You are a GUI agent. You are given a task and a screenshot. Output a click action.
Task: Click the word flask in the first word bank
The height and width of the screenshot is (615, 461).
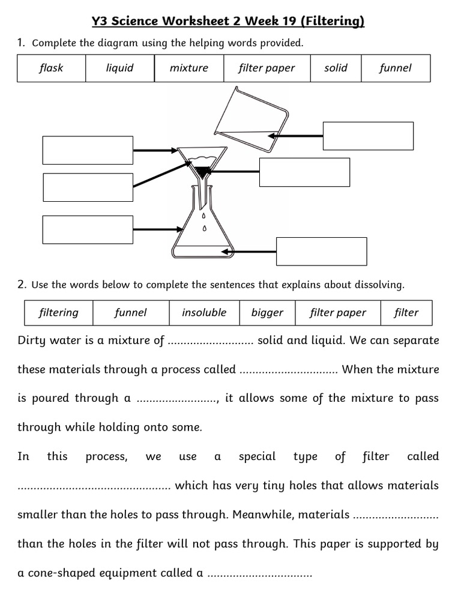point(51,68)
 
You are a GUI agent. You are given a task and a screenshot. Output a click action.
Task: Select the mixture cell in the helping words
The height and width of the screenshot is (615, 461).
point(188,68)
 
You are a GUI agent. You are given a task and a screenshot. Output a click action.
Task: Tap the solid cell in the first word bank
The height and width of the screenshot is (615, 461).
point(336,68)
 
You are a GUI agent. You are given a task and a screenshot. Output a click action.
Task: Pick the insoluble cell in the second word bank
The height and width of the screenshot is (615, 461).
point(204,312)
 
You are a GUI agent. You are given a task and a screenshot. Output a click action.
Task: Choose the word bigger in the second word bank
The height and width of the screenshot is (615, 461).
point(267,312)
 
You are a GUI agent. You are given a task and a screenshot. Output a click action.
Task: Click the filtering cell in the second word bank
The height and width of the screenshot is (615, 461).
point(58,312)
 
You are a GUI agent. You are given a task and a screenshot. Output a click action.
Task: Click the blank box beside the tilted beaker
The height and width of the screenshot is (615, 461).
point(368,136)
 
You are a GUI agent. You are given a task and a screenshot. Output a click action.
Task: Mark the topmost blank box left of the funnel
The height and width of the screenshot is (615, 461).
point(88,150)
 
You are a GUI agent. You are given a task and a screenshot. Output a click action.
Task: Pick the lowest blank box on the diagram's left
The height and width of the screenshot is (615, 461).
point(88,229)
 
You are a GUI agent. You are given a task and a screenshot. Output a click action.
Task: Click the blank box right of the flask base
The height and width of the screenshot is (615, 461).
point(321,251)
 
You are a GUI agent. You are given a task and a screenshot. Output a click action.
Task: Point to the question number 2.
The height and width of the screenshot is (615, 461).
point(21,283)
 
